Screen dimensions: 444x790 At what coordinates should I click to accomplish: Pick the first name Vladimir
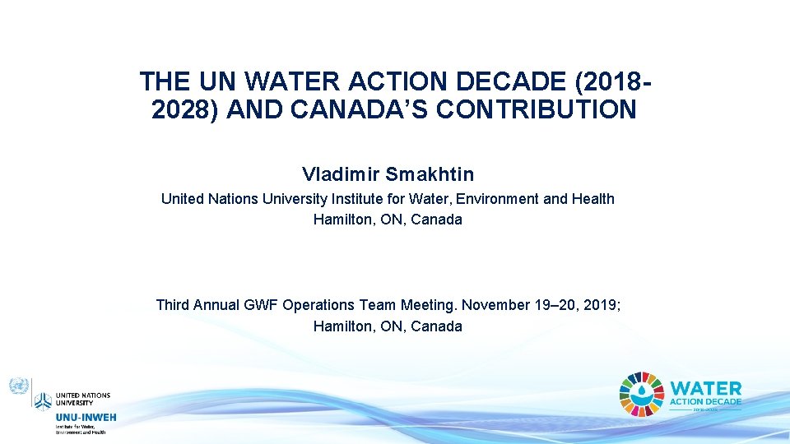click(341, 174)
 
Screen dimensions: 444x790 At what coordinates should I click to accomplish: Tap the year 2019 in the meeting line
click(602, 305)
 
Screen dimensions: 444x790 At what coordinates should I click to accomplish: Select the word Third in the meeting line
click(173, 305)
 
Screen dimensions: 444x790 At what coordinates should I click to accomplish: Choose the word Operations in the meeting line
click(318, 305)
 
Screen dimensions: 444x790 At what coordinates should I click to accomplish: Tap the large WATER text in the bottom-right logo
click(706, 387)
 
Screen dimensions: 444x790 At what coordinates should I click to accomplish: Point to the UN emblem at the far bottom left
click(18, 386)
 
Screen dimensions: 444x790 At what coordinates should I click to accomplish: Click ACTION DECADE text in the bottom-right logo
click(706, 401)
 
